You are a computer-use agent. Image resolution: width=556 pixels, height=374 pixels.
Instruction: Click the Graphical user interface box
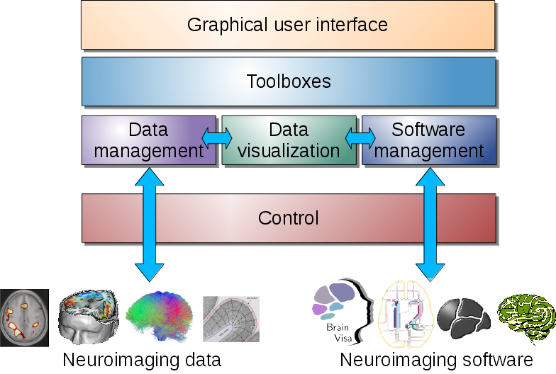tap(288, 25)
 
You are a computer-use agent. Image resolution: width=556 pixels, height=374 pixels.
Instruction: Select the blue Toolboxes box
tap(288, 81)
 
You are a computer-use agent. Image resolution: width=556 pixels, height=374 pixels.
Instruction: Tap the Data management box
tap(148, 140)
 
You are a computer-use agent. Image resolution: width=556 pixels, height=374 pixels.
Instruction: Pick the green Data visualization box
tap(288, 140)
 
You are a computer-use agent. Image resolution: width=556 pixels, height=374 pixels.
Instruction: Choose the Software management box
tap(428, 140)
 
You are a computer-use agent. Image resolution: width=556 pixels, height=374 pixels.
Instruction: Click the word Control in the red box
tap(288, 217)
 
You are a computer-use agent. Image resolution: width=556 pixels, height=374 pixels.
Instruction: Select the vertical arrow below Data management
tap(149, 223)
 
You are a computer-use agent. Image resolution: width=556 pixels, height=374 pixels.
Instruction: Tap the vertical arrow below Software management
tap(430, 223)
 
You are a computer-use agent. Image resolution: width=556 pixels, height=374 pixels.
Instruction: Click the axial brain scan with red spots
tap(25, 317)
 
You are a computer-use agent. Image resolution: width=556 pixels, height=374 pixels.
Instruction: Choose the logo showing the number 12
tap(406, 312)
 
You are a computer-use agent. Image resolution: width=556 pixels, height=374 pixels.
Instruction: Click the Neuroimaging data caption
tap(142, 359)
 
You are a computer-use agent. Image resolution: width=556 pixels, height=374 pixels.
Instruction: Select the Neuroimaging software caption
tap(436, 359)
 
